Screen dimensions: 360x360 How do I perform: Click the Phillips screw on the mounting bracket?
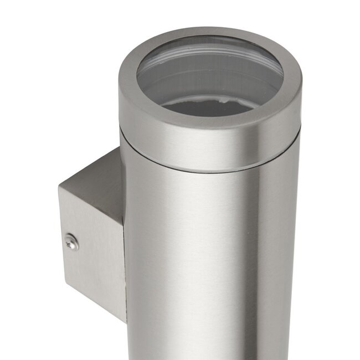[71, 241]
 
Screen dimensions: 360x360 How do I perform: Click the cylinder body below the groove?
[210, 249]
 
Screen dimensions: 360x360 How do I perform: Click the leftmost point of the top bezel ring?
[119, 83]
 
